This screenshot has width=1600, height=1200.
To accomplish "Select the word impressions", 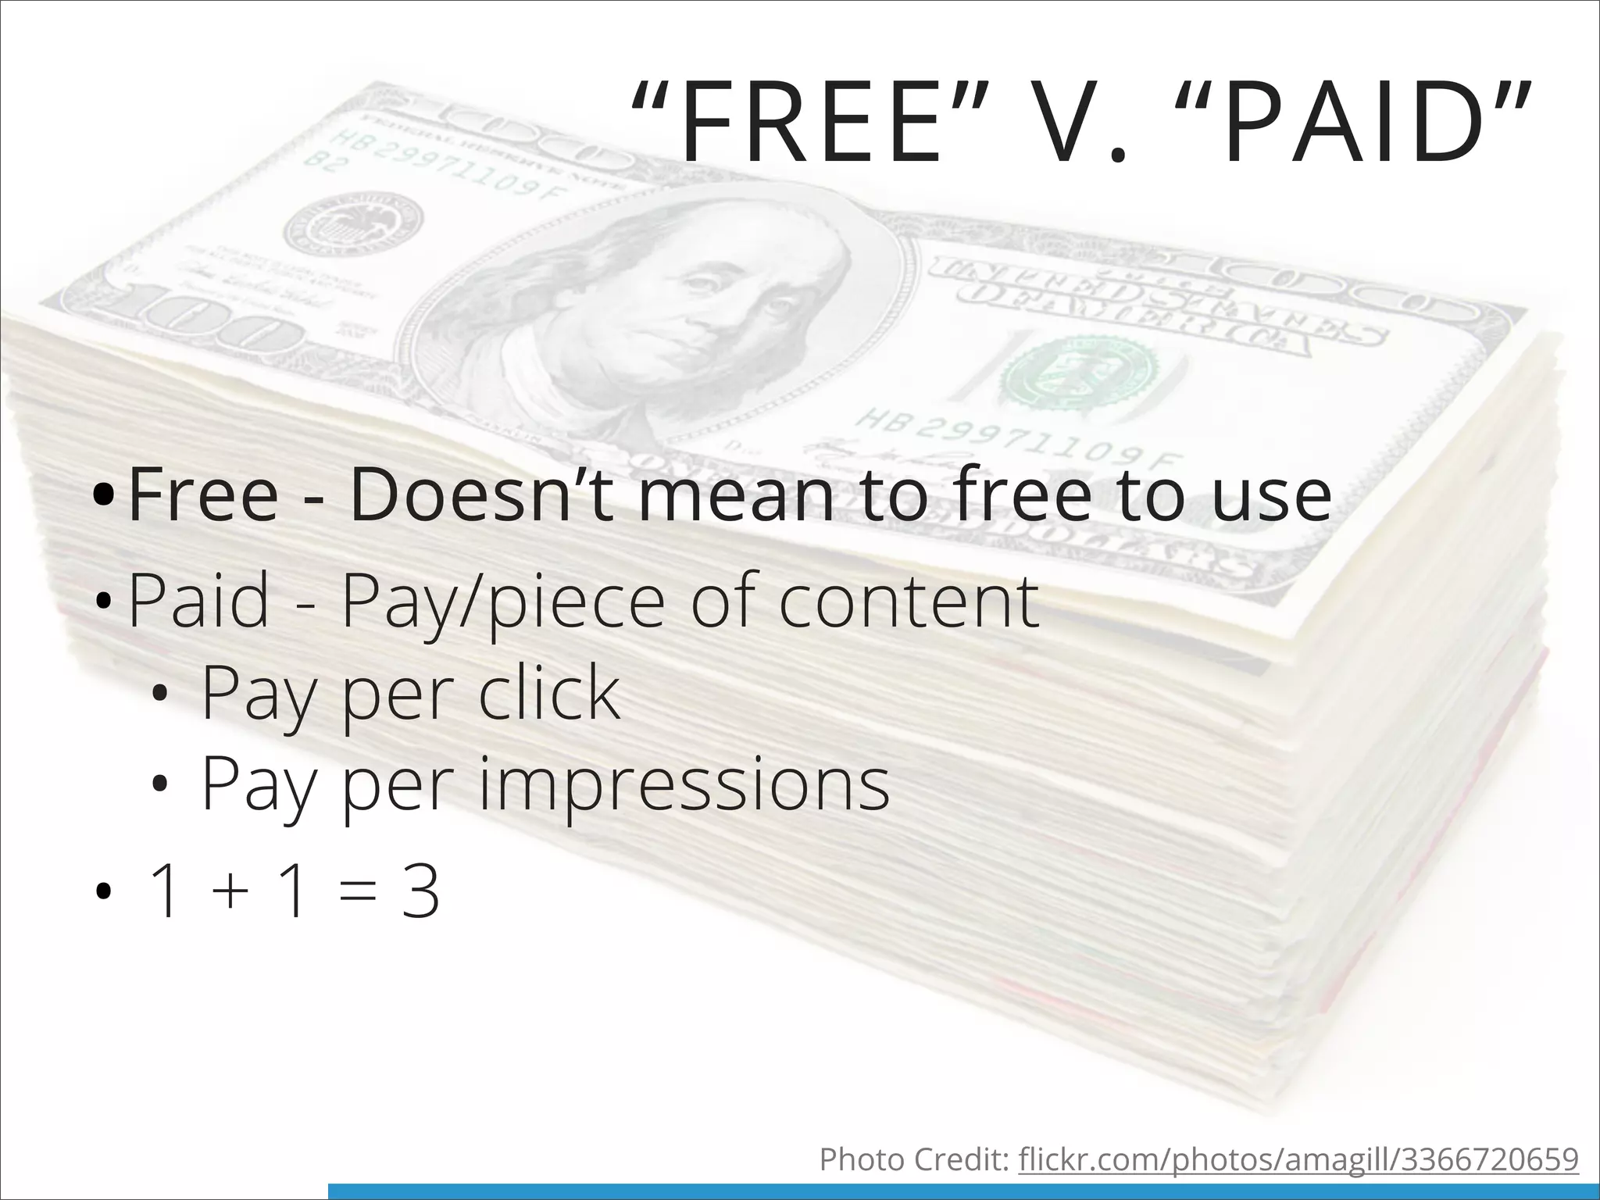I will [x=684, y=784].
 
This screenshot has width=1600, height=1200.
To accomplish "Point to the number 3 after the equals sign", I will [x=420, y=892].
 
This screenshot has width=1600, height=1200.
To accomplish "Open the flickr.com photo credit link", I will [x=1298, y=1160].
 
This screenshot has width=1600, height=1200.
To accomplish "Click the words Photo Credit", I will [x=915, y=1160].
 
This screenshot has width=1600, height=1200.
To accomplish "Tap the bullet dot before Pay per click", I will [x=160, y=694].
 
